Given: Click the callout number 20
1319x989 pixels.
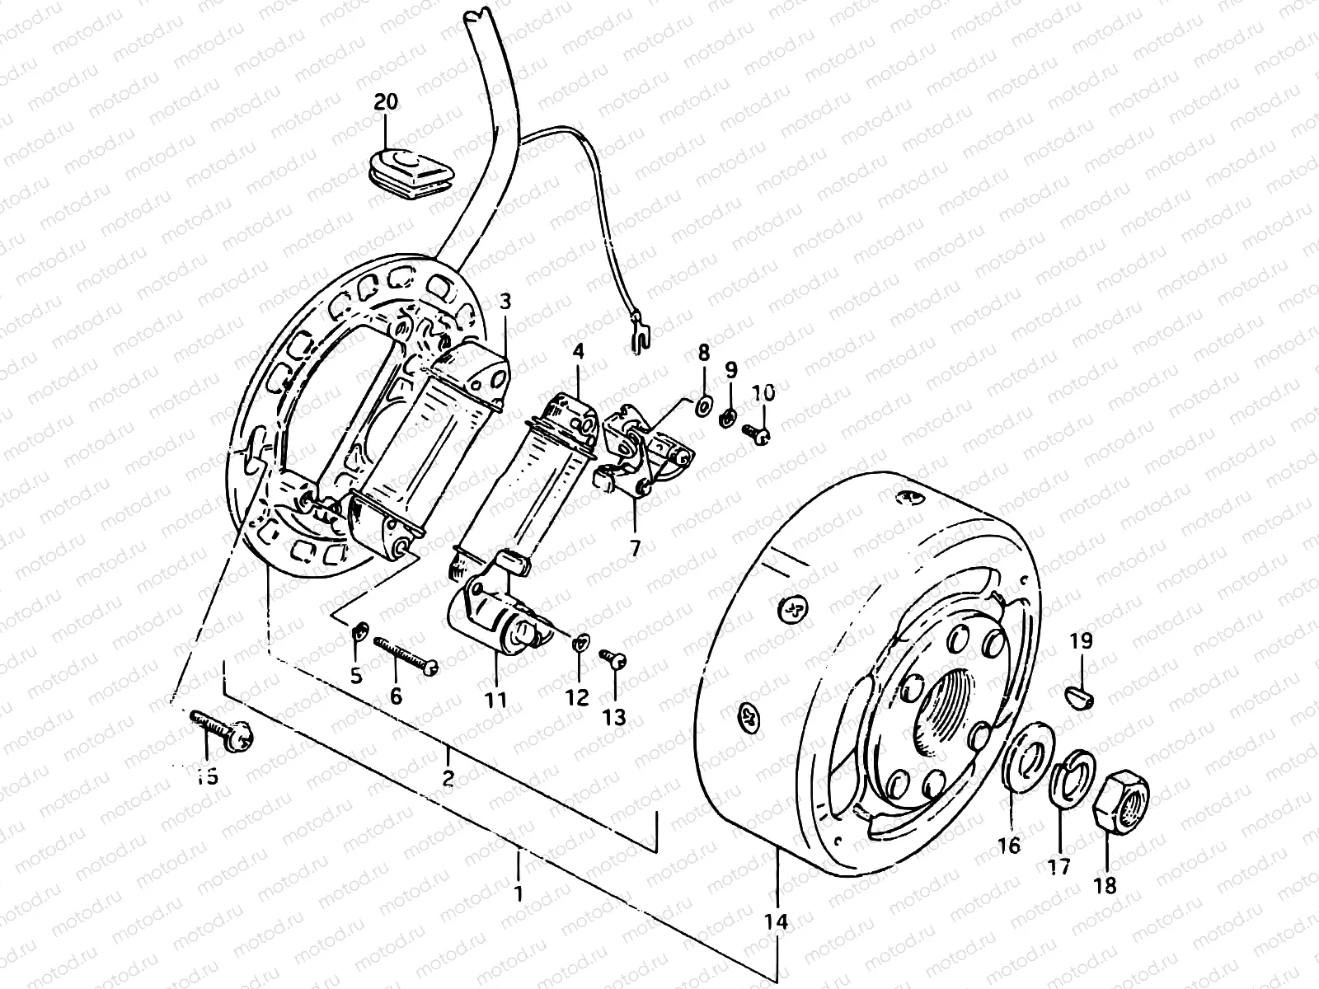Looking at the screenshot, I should [x=386, y=102].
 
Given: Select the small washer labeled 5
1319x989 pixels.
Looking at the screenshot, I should [x=359, y=633].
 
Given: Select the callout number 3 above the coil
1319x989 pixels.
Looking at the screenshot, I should [x=505, y=302].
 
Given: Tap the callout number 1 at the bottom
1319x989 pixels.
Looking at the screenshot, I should [x=519, y=893].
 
